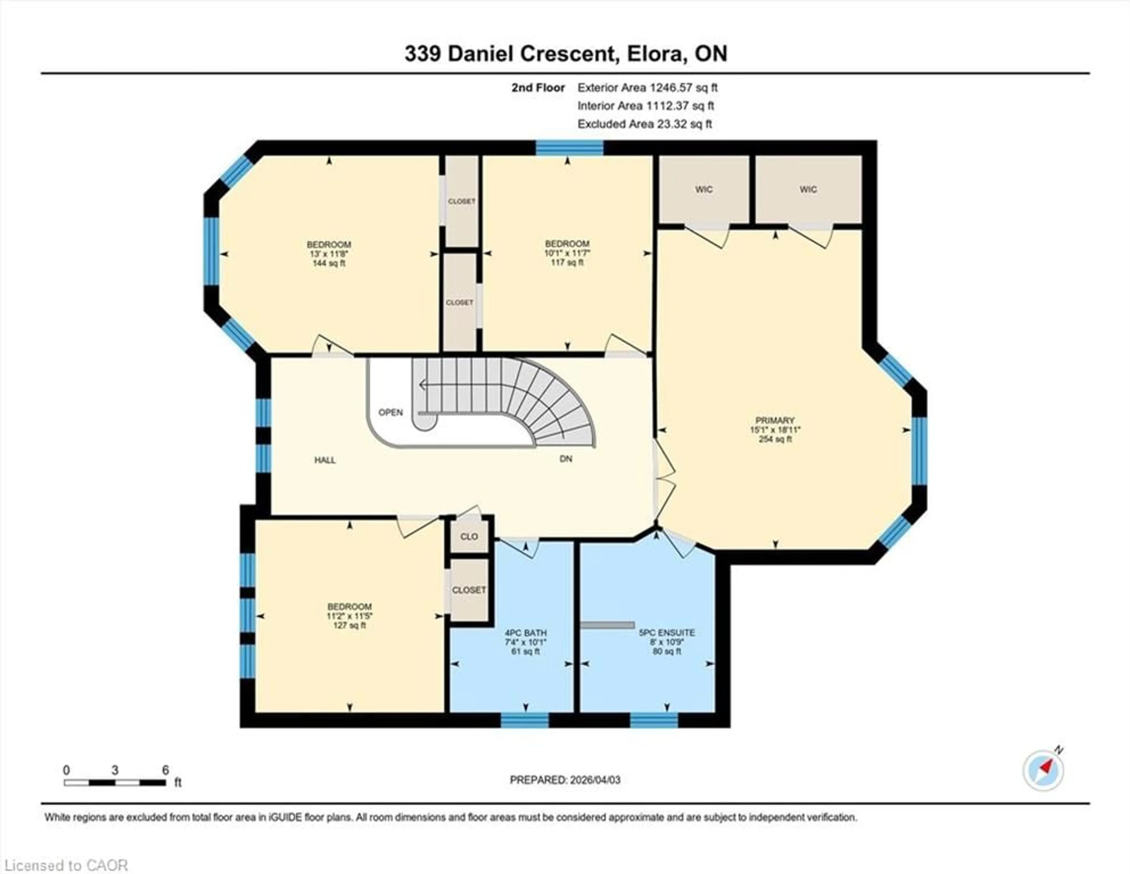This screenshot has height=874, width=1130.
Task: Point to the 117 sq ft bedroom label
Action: pos(567,252)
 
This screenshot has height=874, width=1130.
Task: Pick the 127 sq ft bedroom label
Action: pos(349,616)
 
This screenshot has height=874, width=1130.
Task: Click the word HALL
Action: pos(325,460)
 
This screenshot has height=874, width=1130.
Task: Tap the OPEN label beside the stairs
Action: pos(390,412)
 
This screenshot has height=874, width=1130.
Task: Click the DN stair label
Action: pos(566,458)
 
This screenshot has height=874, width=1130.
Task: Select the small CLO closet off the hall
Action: pos(469,536)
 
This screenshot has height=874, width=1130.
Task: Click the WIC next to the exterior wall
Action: pos(808,190)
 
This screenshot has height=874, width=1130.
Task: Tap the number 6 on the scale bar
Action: pos(166,770)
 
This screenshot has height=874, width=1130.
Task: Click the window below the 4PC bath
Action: pos(525,720)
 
